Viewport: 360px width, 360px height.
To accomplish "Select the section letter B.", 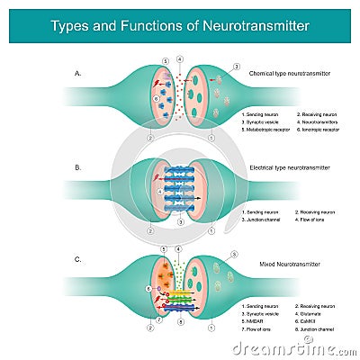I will coord(78,167).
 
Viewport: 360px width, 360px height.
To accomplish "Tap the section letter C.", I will coord(78,259).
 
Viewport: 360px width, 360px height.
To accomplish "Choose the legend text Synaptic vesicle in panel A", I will coord(263,123).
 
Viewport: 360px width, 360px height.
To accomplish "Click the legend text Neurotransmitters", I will coord(317,123).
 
